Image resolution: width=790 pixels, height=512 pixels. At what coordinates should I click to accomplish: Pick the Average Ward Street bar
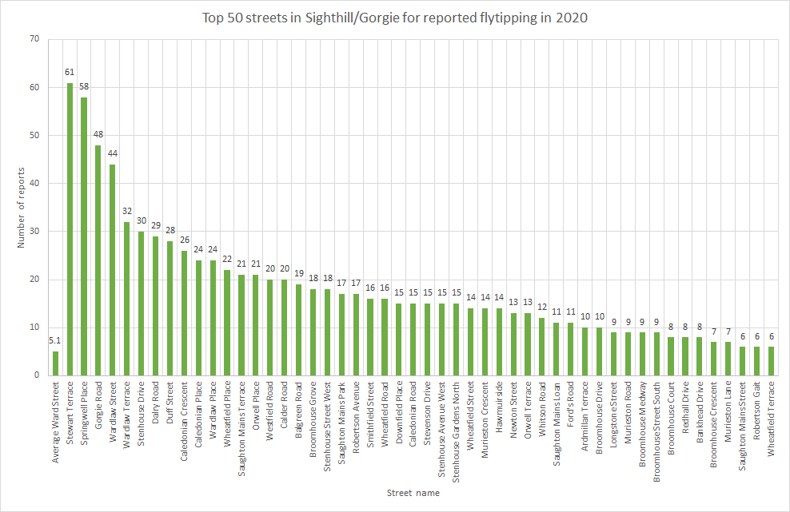[56, 363]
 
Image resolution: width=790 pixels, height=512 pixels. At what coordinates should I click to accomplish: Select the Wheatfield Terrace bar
[772, 361]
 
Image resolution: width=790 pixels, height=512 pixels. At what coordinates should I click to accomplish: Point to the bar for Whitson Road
[542, 347]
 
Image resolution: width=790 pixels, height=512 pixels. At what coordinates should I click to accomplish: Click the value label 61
[70, 73]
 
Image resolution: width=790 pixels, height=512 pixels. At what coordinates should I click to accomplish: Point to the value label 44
[113, 154]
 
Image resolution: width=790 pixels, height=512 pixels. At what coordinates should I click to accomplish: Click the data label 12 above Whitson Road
[542, 308]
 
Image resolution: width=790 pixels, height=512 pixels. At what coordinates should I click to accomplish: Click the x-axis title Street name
[413, 494]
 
